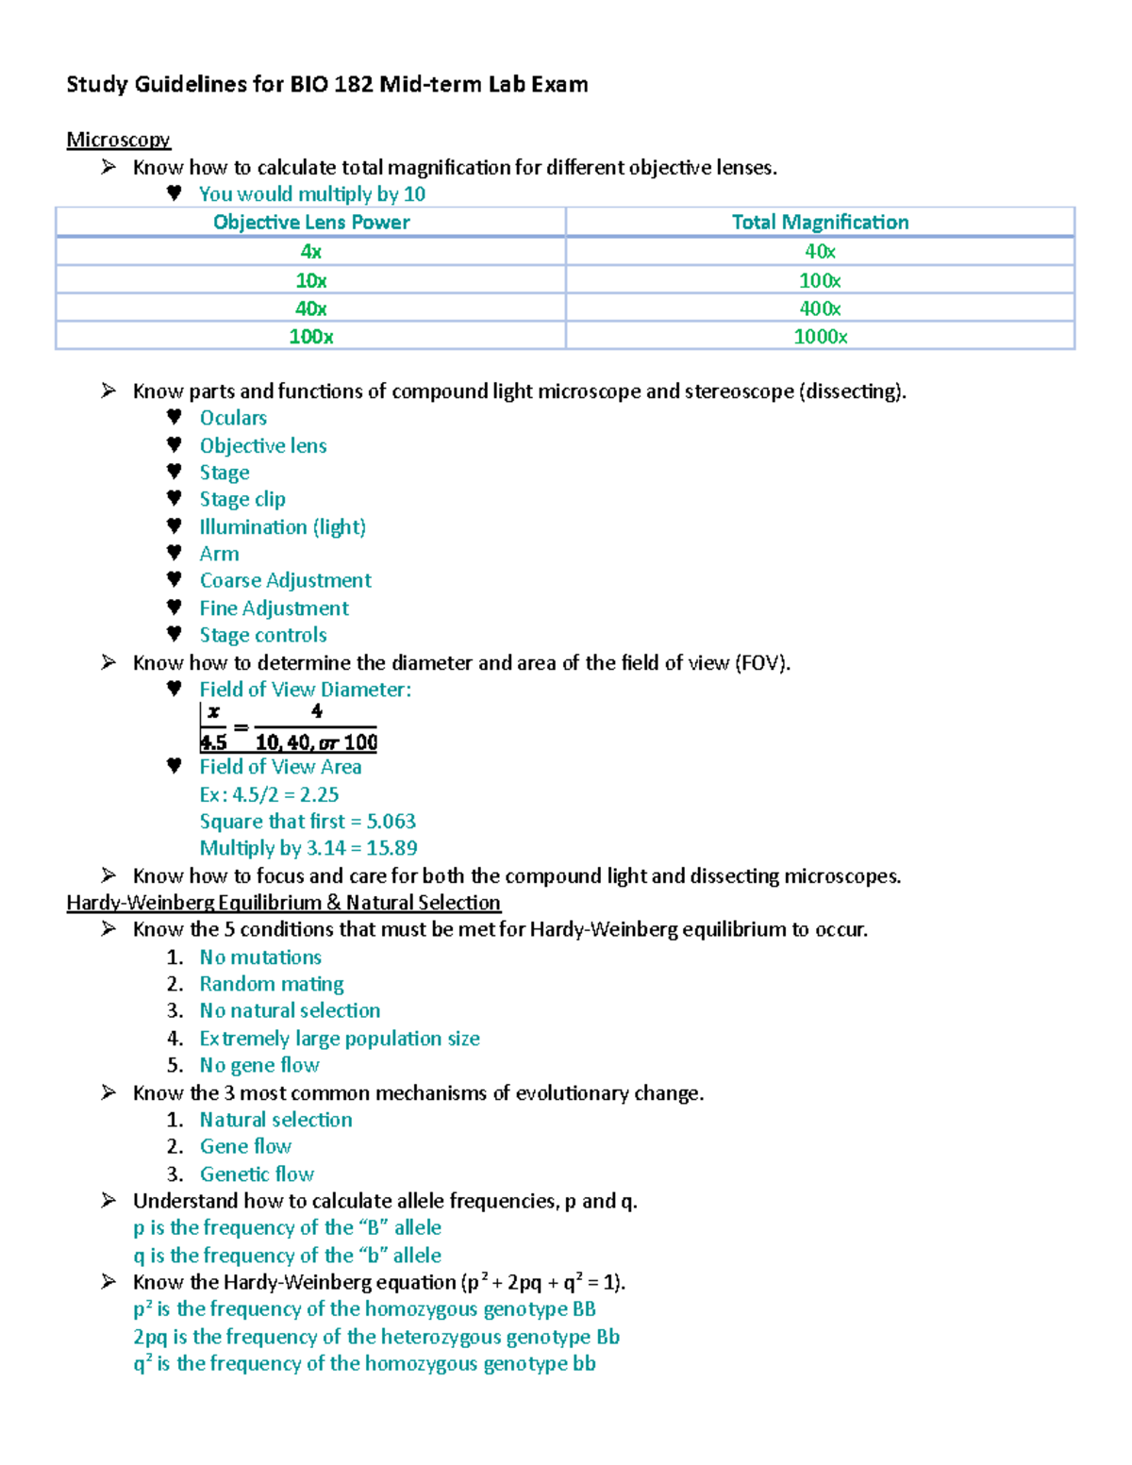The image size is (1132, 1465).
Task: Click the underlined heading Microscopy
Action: (x=118, y=140)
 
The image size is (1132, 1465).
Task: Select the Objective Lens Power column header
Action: (x=311, y=222)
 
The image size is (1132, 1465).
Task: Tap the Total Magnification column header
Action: (x=820, y=222)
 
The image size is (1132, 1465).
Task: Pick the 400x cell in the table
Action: (x=820, y=308)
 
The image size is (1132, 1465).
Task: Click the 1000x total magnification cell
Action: (x=820, y=337)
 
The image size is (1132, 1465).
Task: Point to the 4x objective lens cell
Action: (x=311, y=251)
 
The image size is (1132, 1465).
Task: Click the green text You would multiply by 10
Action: (x=311, y=194)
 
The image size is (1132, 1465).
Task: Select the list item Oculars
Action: (x=233, y=418)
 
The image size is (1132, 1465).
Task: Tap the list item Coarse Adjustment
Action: (x=285, y=580)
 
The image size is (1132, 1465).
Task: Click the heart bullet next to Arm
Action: (x=174, y=553)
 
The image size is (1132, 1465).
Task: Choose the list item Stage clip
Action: (x=242, y=499)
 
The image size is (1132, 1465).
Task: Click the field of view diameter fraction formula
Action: (x=289, y=727)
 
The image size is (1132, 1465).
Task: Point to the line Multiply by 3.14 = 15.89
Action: (x=308, y=848)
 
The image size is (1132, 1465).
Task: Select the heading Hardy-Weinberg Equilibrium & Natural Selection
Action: (x=283, y=903)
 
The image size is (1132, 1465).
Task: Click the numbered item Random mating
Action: (x=272, y=984)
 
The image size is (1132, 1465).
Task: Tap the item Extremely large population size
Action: (x=340, y=1039)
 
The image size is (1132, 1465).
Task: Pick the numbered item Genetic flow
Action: (x=257, y=1174)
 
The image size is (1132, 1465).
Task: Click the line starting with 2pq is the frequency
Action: (x=376, y=1337)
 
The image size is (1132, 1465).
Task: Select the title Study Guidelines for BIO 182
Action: (x=327, y=85)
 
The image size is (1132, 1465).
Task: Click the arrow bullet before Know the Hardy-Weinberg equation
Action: (x=109, y=1282)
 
